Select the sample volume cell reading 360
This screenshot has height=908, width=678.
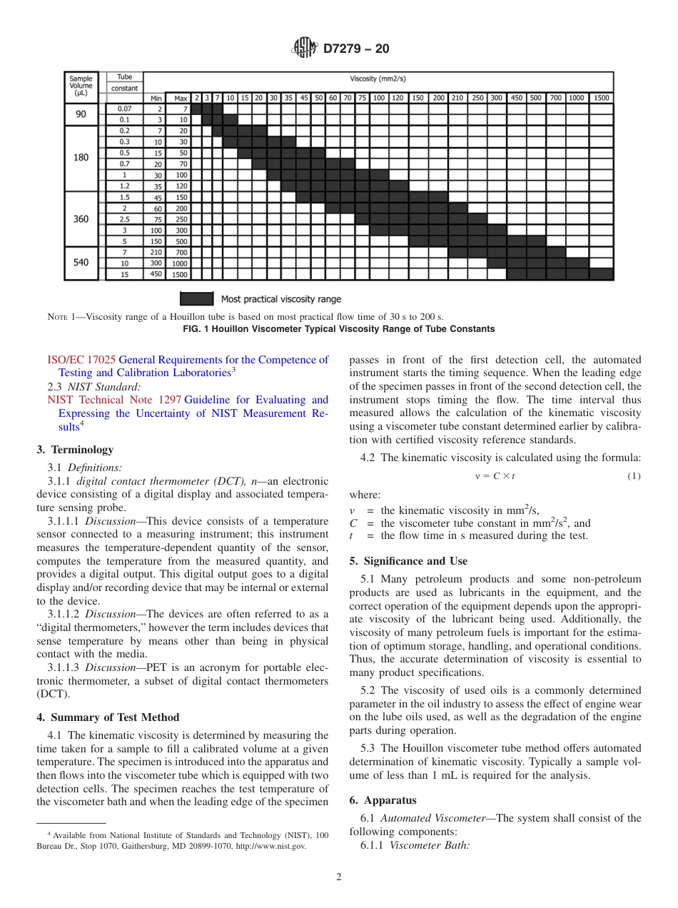coord(81,219)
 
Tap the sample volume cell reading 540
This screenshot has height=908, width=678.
coord(81,263)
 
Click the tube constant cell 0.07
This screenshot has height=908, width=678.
coord(124,109)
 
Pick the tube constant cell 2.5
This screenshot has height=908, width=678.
coord(124,219)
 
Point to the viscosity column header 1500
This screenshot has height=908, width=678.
coord(601,98)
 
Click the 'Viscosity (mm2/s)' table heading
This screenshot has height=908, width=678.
coord(378,79)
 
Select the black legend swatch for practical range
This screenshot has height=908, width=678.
coord(196,298)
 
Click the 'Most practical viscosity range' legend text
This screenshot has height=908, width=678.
coord(280,299)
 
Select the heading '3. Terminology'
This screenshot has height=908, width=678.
coord(75,450)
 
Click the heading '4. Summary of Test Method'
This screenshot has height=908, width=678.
coord(108,717)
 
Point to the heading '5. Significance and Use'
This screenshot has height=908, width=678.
coord(408,561)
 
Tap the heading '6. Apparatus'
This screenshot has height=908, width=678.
coord(383,800)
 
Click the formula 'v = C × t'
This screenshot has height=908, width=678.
coord(495,476)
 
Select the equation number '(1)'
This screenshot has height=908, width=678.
coord(634,476)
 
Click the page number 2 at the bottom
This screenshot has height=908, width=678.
coord(339,877)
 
